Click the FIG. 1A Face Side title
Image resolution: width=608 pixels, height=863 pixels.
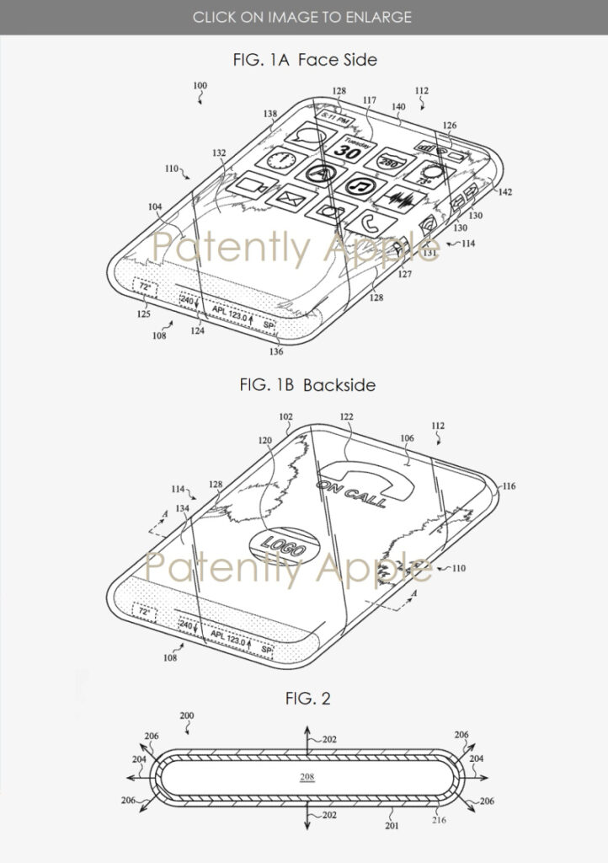pyautogui.click(x=304, y=60)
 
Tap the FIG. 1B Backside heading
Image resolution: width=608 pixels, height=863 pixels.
pyautogui.click(x=304, y=385)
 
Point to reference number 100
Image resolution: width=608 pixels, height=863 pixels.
pyautogui.click(x=200, y=86)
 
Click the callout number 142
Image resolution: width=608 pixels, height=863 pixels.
pyautogui.click(x=505, y=192)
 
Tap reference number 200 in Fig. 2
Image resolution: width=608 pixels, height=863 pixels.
pyautogui.click(x=187, y=716)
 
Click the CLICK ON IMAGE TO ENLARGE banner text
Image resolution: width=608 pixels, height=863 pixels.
pyautogui.click(x=304, y=16)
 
